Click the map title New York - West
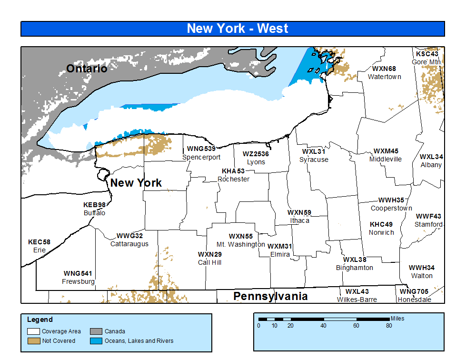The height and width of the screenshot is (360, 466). pos(237,29)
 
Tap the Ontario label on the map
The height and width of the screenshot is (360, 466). pos(87,69)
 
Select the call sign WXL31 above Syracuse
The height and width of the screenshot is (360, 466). pos(314,151)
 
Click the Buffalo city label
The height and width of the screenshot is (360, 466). pos(94,213)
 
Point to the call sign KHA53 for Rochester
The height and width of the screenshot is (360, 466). pos(233,171)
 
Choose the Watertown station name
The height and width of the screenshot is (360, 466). pos(384,77)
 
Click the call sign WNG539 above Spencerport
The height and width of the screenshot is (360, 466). pos(201,149)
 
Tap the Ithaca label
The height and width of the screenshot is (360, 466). pos(299,220)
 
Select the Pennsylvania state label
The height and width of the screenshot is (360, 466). pos(270,296)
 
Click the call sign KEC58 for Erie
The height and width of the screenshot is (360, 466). pos(39,242)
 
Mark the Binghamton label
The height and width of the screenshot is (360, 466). pos(354,268)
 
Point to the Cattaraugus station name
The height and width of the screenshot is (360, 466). pos(129,244)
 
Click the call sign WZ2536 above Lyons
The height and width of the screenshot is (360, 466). pos(256,154)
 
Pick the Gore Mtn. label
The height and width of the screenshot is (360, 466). pos(426,62)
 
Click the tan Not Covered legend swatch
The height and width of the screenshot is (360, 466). pos(33,341)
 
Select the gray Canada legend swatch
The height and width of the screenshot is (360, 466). pos(96,331)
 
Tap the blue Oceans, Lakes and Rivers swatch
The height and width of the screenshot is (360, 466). pos(96,341)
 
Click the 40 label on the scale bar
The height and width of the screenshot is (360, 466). pos(323,326)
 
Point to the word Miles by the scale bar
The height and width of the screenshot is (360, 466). pos(397,318)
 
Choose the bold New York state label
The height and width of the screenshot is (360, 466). pos(136,183)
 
